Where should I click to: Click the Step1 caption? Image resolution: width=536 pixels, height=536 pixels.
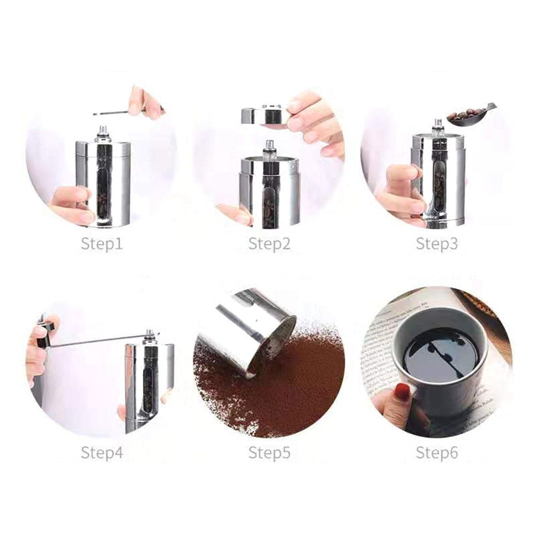tap(102, 245)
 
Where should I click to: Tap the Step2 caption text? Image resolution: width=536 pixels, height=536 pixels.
tap(269, 245)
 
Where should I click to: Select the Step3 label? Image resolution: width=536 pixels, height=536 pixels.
tap(437, 245)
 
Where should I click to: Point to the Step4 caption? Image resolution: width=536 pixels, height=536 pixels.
tap(102, 452)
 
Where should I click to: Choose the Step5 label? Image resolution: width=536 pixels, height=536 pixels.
tap(269, 452)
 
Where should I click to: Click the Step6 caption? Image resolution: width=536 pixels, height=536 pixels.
tap(437, 452)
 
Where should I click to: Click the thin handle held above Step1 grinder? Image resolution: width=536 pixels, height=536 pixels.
tap(112, 113)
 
